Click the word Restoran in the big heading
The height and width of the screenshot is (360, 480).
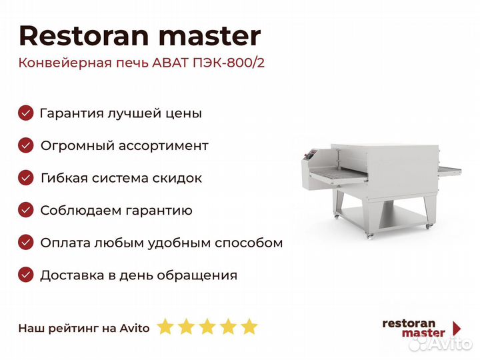pos(84,36)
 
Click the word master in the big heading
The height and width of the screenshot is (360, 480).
pos(210,37)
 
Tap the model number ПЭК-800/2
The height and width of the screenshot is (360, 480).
pos(229,63)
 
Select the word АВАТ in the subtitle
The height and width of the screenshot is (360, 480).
pos(170,63)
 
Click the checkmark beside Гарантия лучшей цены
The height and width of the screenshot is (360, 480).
pos(26,113)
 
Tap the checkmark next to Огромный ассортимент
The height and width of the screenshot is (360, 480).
pos(26,145)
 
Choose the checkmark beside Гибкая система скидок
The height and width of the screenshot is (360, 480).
pos(26,178)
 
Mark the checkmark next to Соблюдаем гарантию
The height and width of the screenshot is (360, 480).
pos(26,210)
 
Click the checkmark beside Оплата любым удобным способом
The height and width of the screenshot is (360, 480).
pos(26,243)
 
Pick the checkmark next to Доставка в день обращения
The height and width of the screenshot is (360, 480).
pos(26,275)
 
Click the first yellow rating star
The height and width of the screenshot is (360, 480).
pos(165,327)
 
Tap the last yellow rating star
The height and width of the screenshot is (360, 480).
pos(249,327)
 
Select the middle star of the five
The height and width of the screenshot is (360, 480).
pos(207,327)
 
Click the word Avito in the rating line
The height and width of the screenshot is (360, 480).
pos(135,328)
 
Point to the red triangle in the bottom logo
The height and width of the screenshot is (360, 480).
pos(457,329)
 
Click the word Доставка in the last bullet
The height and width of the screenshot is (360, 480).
pos(72,275)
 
